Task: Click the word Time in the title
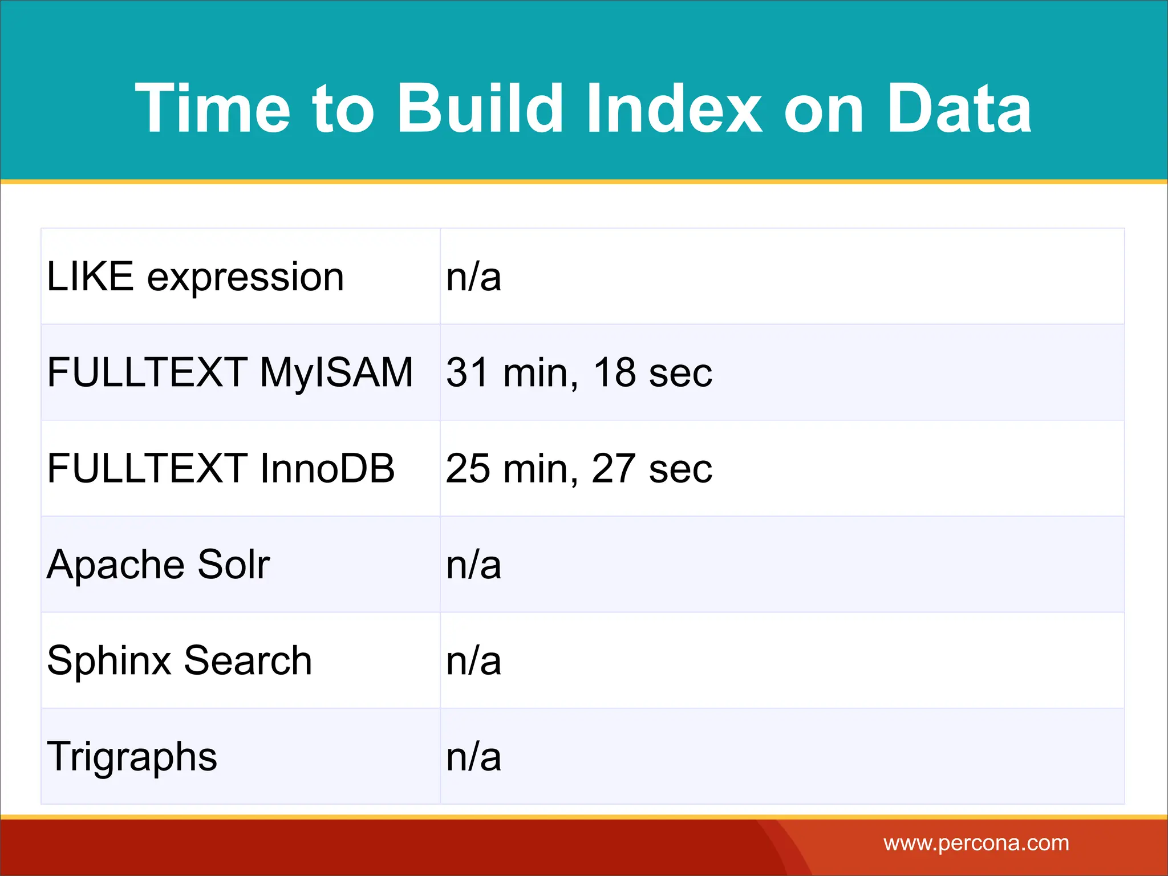(x=212, y=108)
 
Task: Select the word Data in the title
(x=959, y=108)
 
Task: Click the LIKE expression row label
(x=196, y=277)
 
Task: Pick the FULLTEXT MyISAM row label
(x=230, y=373)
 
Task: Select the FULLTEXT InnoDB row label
(x=221, y=469)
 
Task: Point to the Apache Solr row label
(x=158, y=565)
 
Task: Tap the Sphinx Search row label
(x=179, y=660)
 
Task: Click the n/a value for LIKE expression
(x=473, y=277)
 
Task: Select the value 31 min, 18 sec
(x=579, y=373)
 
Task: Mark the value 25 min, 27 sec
(x=579, y=469)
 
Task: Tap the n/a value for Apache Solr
(x=473, y=565)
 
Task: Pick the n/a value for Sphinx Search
(x=473, y=660)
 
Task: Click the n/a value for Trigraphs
(x=473, y=757)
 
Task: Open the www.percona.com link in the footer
(x=976, y=843)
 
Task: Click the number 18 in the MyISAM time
(x=614, y=373)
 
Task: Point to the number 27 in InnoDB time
(x=614, y=469)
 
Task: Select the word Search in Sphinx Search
(x=248, y=660)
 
